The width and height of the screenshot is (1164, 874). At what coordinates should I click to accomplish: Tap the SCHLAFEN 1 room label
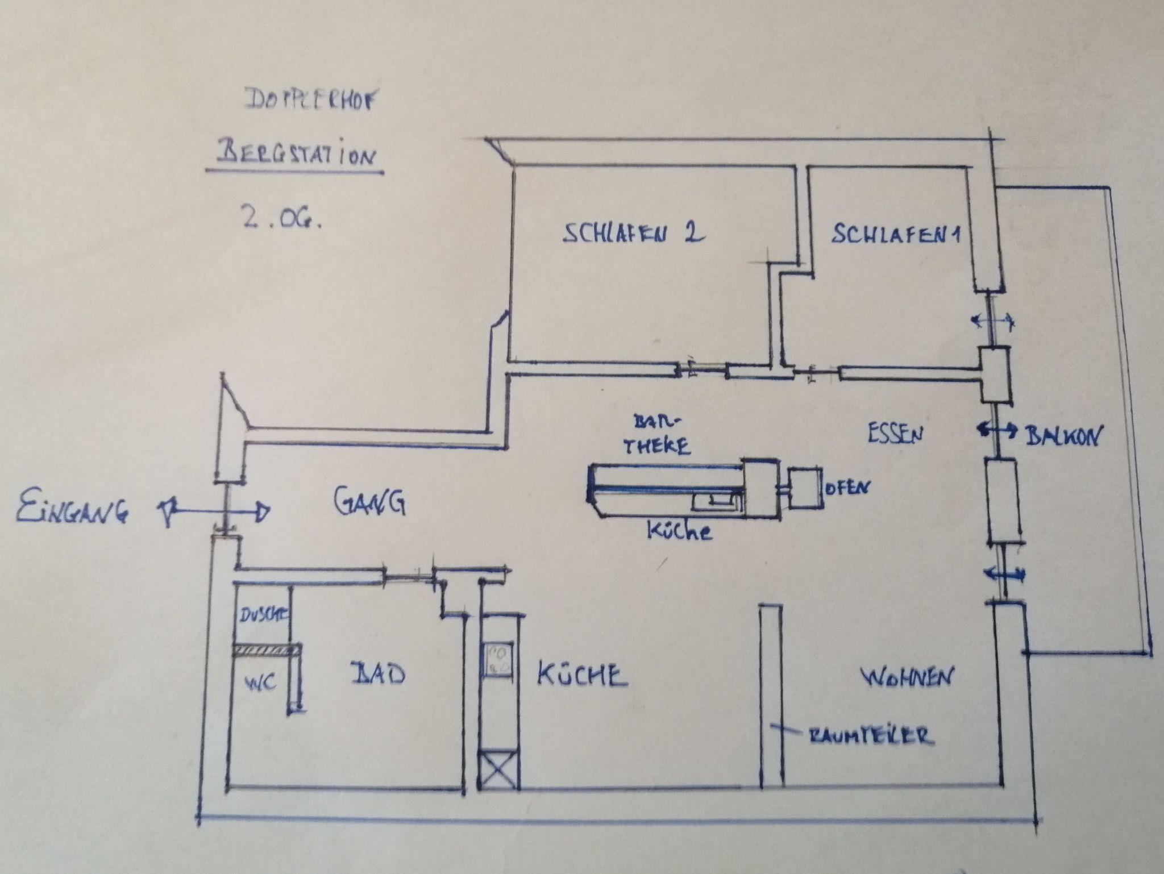pyautogui.click(x=896, y=234)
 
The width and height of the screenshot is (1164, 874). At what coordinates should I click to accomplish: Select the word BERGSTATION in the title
pyautogui.click(x=296, y=155)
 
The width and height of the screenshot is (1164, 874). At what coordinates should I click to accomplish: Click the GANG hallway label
pyautogui.click(x=369, y=501)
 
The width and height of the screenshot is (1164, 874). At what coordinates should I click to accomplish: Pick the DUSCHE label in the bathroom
pyautogui.click(x=263, y=614)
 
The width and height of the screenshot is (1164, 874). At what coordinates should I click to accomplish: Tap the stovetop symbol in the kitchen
pyautogui.click(x=498, y=659)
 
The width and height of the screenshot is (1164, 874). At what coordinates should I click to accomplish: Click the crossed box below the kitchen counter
pyautogui.click(x=499, y=771)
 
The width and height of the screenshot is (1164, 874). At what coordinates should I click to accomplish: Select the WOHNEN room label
pyautogui.click(x=908, y=677)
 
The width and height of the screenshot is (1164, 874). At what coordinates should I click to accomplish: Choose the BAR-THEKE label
pyautogui.click(x=657, y=435)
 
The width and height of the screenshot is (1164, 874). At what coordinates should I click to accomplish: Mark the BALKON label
pyautogui.click(x=1062, y=436)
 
